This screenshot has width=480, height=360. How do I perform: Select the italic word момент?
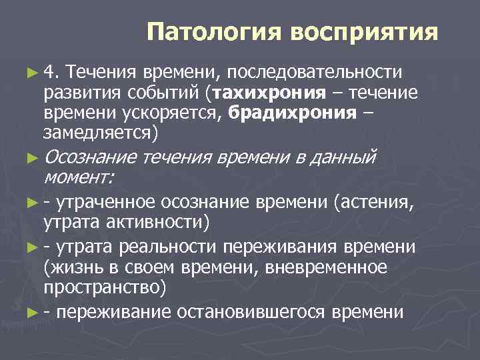[x=78, y=177]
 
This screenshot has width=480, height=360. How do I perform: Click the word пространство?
[x=102, y=287]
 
